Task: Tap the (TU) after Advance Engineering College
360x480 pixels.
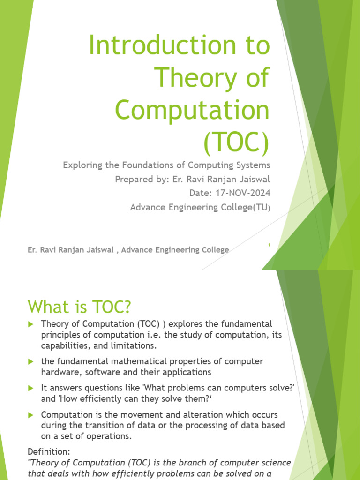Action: click(x=262, y=207)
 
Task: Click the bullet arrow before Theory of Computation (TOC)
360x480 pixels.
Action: click(x=31, y=324)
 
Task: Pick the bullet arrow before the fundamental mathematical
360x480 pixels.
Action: click(x=31, y=361)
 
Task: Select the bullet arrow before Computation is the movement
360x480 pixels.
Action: click(x=31, y=415)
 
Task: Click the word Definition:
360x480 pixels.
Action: click(x=48, y=452)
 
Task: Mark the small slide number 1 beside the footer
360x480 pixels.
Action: click(x=269, y=245)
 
